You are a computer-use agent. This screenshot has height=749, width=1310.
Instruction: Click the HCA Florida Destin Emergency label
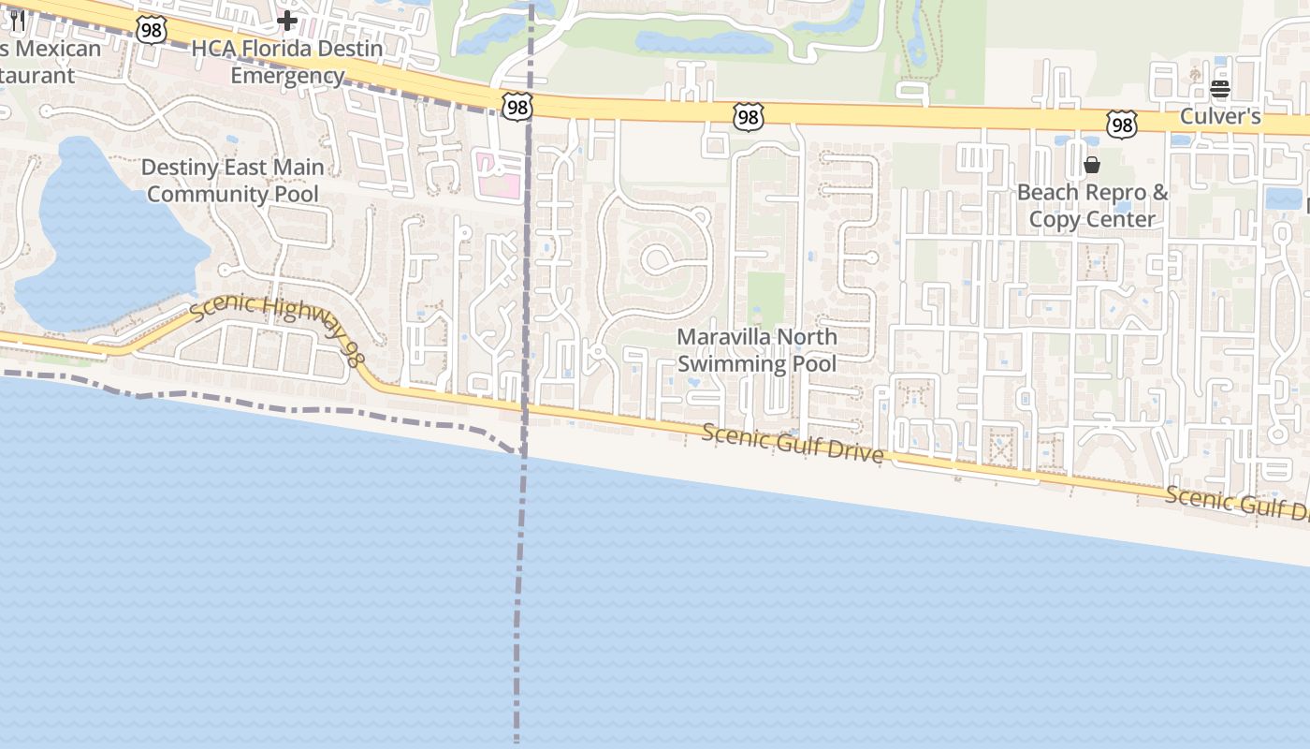(287, 62)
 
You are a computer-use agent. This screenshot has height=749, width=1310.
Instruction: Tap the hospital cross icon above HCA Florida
(287, 20)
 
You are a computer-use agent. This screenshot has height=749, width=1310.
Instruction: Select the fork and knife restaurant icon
(16, 20)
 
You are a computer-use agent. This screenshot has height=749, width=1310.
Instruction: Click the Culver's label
(1220, 116)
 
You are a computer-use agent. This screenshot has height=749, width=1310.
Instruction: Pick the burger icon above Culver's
(1219, 89)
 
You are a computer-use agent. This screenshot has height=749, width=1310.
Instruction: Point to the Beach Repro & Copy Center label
(1092, 206)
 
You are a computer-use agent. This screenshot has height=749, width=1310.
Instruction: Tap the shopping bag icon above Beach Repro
(1091, 166)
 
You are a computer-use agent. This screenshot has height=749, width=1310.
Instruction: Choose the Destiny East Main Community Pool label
(233, 181)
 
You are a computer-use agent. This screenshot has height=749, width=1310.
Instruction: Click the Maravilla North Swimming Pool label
(757, 350)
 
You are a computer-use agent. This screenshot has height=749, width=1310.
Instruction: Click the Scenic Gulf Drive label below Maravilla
(792, 443)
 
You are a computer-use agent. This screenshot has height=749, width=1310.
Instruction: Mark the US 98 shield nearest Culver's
(1121, 124)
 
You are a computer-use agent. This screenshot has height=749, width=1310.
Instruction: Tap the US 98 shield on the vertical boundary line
(517, 107)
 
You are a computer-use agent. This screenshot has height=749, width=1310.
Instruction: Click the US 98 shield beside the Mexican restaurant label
(151, 30)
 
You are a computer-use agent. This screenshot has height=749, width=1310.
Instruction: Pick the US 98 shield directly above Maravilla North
(748, 116)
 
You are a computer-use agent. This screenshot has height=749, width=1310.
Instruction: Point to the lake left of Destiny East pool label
(103, 234)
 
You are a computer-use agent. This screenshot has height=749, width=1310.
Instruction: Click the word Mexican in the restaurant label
(58, 49)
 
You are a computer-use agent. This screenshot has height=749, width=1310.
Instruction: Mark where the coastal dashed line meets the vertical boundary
(522, 453)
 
